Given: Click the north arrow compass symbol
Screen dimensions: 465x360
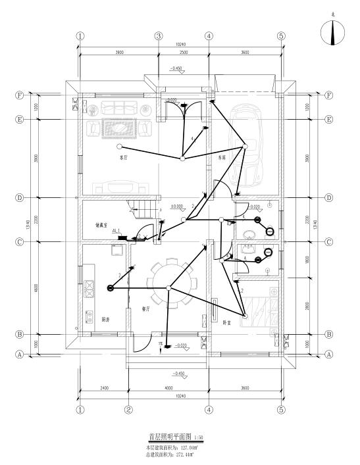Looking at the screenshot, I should (x=332, y=32).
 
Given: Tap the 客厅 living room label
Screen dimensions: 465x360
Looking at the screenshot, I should (x=122, y=158).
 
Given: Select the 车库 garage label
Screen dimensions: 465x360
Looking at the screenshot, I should (x=222, y=158).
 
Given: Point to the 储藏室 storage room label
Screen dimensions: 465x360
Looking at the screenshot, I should (x=101, y=225).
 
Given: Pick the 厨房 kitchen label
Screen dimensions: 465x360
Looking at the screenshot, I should (x=105, y=320).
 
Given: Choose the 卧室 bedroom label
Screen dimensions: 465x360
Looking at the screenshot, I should (x=226, y=322).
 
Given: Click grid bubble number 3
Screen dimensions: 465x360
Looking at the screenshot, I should (x=159, y=36).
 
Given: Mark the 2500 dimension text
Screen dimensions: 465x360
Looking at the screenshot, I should (x=184, y=52).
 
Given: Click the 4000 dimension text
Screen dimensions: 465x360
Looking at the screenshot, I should (x=168, y=388).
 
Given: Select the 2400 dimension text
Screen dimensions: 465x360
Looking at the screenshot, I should (x=104, y=388).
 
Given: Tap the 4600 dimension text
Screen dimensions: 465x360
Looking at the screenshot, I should (x=37, y=287).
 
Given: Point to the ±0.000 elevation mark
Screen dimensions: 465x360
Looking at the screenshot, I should (x=177, y=207).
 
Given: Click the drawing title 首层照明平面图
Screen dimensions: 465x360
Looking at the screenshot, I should (x=169, y=436).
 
